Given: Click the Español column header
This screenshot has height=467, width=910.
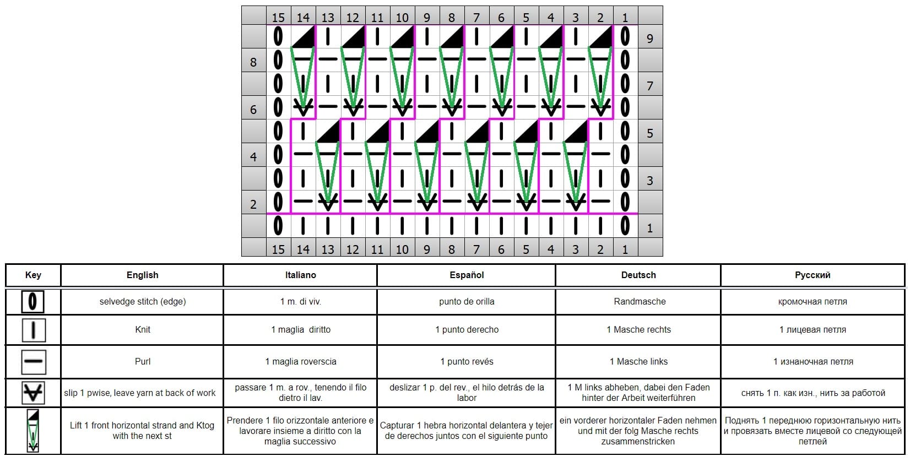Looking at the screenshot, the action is (x=467, y=275).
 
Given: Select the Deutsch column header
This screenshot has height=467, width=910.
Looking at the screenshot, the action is (x=638, y=275).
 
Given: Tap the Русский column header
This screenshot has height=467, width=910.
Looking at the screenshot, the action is (x=812, y=275).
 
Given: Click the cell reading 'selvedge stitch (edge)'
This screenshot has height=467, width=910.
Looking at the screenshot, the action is (x=143, y=302).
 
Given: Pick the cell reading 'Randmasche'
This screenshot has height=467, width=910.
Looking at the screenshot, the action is (x=640, y=301).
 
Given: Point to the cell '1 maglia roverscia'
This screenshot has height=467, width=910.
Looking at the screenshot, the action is (x=301, y=361).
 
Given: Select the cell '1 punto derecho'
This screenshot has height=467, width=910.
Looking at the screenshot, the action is (x=467, y=329).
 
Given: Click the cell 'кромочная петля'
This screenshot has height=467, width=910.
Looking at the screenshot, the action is (x=812, y=302).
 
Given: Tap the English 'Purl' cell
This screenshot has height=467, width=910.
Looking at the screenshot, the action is (x=143, y=361).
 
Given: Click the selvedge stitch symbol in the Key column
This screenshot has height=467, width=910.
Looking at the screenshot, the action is (x=32, y=302).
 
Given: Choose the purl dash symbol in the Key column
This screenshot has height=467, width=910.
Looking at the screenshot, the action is (x=33, y=361).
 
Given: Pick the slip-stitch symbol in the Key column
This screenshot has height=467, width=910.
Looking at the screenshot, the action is (x=33, y=393).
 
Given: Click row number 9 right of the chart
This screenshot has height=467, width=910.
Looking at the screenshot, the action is (x=650, y=38).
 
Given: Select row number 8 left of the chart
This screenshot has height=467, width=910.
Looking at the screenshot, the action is (x=253, y=62).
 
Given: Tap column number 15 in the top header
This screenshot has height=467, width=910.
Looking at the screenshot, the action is (x=278, y=18).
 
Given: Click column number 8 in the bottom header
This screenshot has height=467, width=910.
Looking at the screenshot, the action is (x=452, y=249).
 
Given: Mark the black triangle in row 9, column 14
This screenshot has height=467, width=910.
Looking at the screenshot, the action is (x=304, y=36).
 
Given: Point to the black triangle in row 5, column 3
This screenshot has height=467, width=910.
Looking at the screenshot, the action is (x=576, y=132).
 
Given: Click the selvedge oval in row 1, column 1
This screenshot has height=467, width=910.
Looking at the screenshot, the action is (x=625, y=226).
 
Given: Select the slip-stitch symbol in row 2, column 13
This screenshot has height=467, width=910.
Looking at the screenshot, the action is (x=328, y=200).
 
